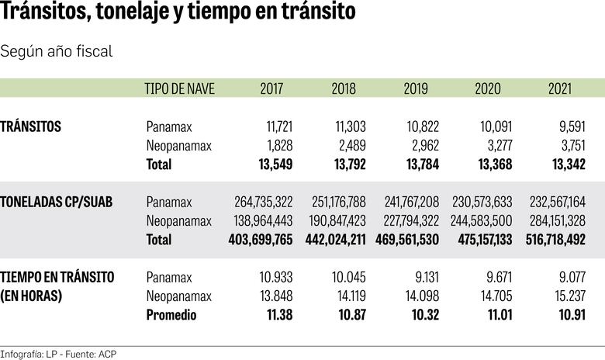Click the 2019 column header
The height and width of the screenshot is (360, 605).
416,88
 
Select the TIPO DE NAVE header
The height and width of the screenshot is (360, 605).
180,88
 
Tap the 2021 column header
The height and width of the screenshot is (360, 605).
560,88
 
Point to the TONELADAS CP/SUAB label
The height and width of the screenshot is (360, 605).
57,202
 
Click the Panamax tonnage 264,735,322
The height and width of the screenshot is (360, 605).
264,202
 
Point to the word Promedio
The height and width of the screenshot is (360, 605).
171,315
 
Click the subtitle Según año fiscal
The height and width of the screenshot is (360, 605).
57,51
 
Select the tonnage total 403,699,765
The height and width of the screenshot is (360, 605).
261,240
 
